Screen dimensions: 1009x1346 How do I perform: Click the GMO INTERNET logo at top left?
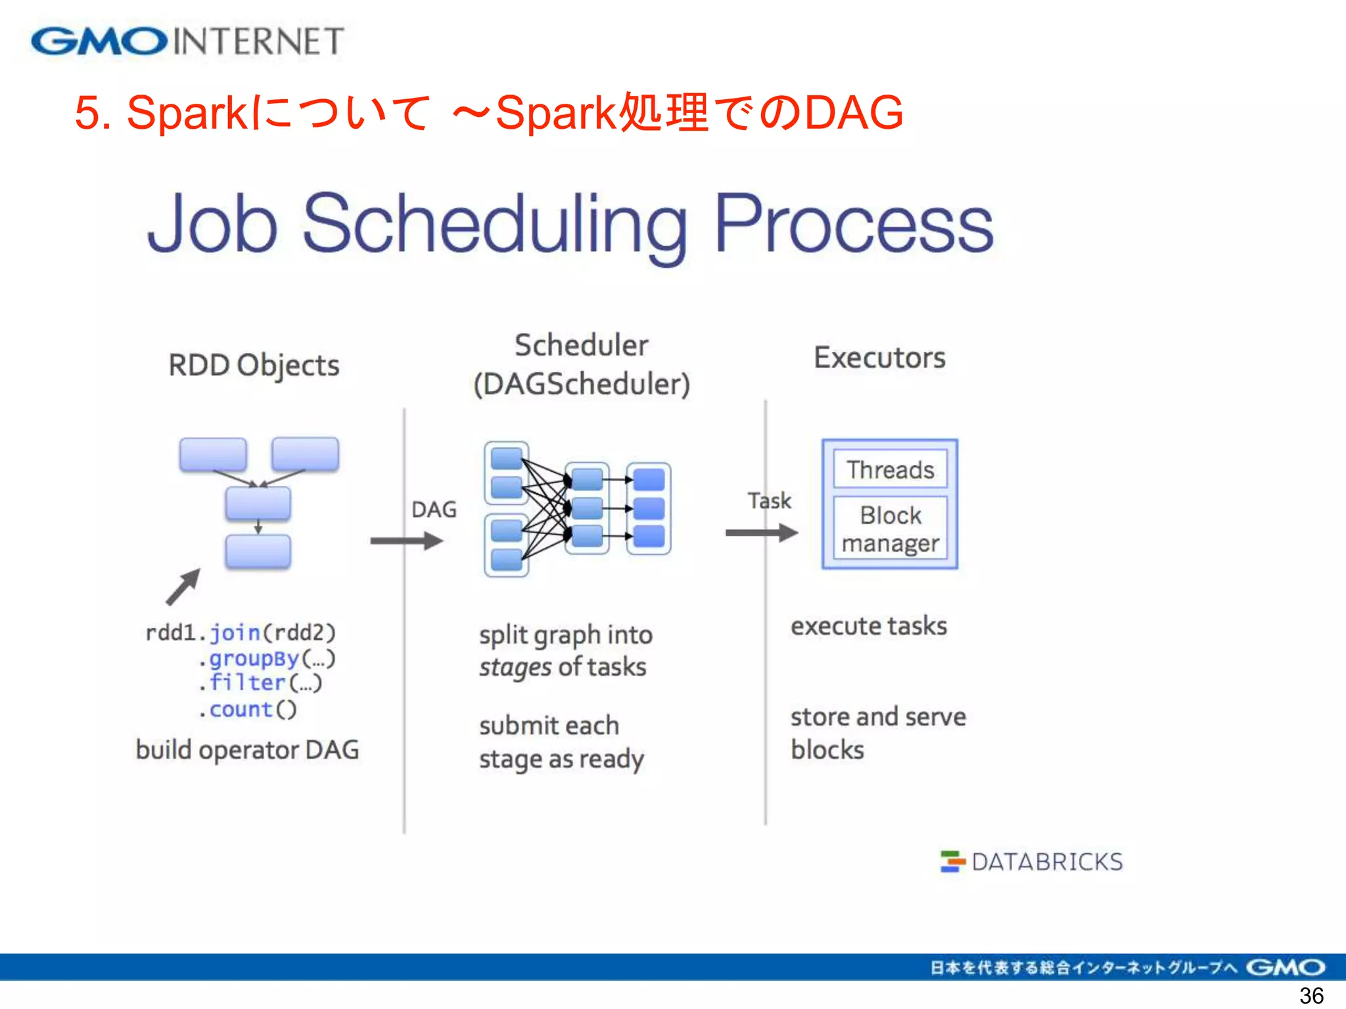coord(187,41)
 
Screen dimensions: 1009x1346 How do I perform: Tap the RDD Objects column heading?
coord(254,365)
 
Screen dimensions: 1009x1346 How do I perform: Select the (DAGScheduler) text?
coord(582,384)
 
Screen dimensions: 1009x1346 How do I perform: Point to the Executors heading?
coord(879,358)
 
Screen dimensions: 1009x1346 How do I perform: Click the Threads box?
coord(890,469)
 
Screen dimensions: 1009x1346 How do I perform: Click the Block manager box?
coord(890,529)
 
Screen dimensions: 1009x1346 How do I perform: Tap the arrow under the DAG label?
coord(406,541)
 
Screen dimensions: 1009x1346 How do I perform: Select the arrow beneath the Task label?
coord(761,533)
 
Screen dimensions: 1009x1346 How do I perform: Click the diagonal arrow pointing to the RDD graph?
coord(183,587)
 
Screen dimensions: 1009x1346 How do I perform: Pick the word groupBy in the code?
coord(254,658)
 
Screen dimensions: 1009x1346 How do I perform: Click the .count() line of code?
coord(248,709)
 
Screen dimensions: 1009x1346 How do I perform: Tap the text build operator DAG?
coord(247,750)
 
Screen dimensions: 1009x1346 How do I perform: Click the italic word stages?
coord(515,667)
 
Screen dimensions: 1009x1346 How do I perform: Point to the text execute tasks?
coord(868,626)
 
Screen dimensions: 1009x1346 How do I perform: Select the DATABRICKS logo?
coord(1032,861)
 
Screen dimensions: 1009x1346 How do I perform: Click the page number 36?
coord(1311,996)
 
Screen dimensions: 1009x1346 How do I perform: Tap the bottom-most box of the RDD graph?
coord(258,551)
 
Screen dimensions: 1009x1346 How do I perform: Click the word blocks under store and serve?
coord(827,750)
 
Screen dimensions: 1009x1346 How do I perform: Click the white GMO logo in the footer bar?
coord(1285,967)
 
